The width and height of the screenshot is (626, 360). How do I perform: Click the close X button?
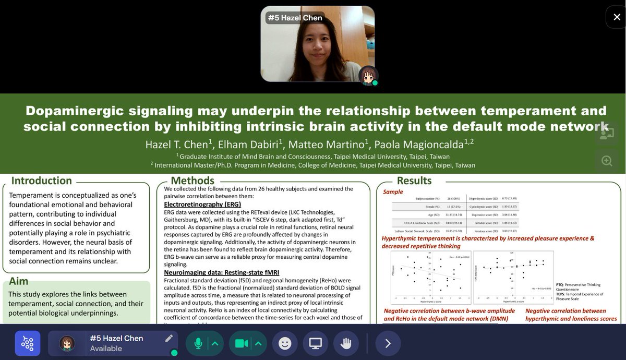coord(616,17)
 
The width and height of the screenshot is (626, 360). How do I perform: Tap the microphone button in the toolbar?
coord(198,343)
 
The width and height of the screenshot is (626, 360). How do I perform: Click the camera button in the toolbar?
coord(241,343)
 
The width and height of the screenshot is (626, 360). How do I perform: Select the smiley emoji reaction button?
coord(284,343)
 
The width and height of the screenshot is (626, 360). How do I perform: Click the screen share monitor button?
coord(315,343)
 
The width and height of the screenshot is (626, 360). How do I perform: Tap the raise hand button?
coord(346,343)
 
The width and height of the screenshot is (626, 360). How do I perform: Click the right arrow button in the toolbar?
coord(388,343)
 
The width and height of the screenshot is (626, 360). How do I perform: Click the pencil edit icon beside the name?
coord(168,338)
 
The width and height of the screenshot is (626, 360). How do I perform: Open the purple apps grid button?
coord(27,343)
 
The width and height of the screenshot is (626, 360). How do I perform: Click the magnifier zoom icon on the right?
coord(607,161)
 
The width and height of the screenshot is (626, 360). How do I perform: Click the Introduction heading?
coord(42,181)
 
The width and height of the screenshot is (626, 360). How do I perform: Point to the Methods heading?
coord(192,181)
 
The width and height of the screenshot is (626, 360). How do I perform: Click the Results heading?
coord(414,181)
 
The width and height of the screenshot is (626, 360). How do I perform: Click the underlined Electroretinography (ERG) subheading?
coord(202,204)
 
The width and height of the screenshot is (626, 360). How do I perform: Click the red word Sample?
coord(393,191)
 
